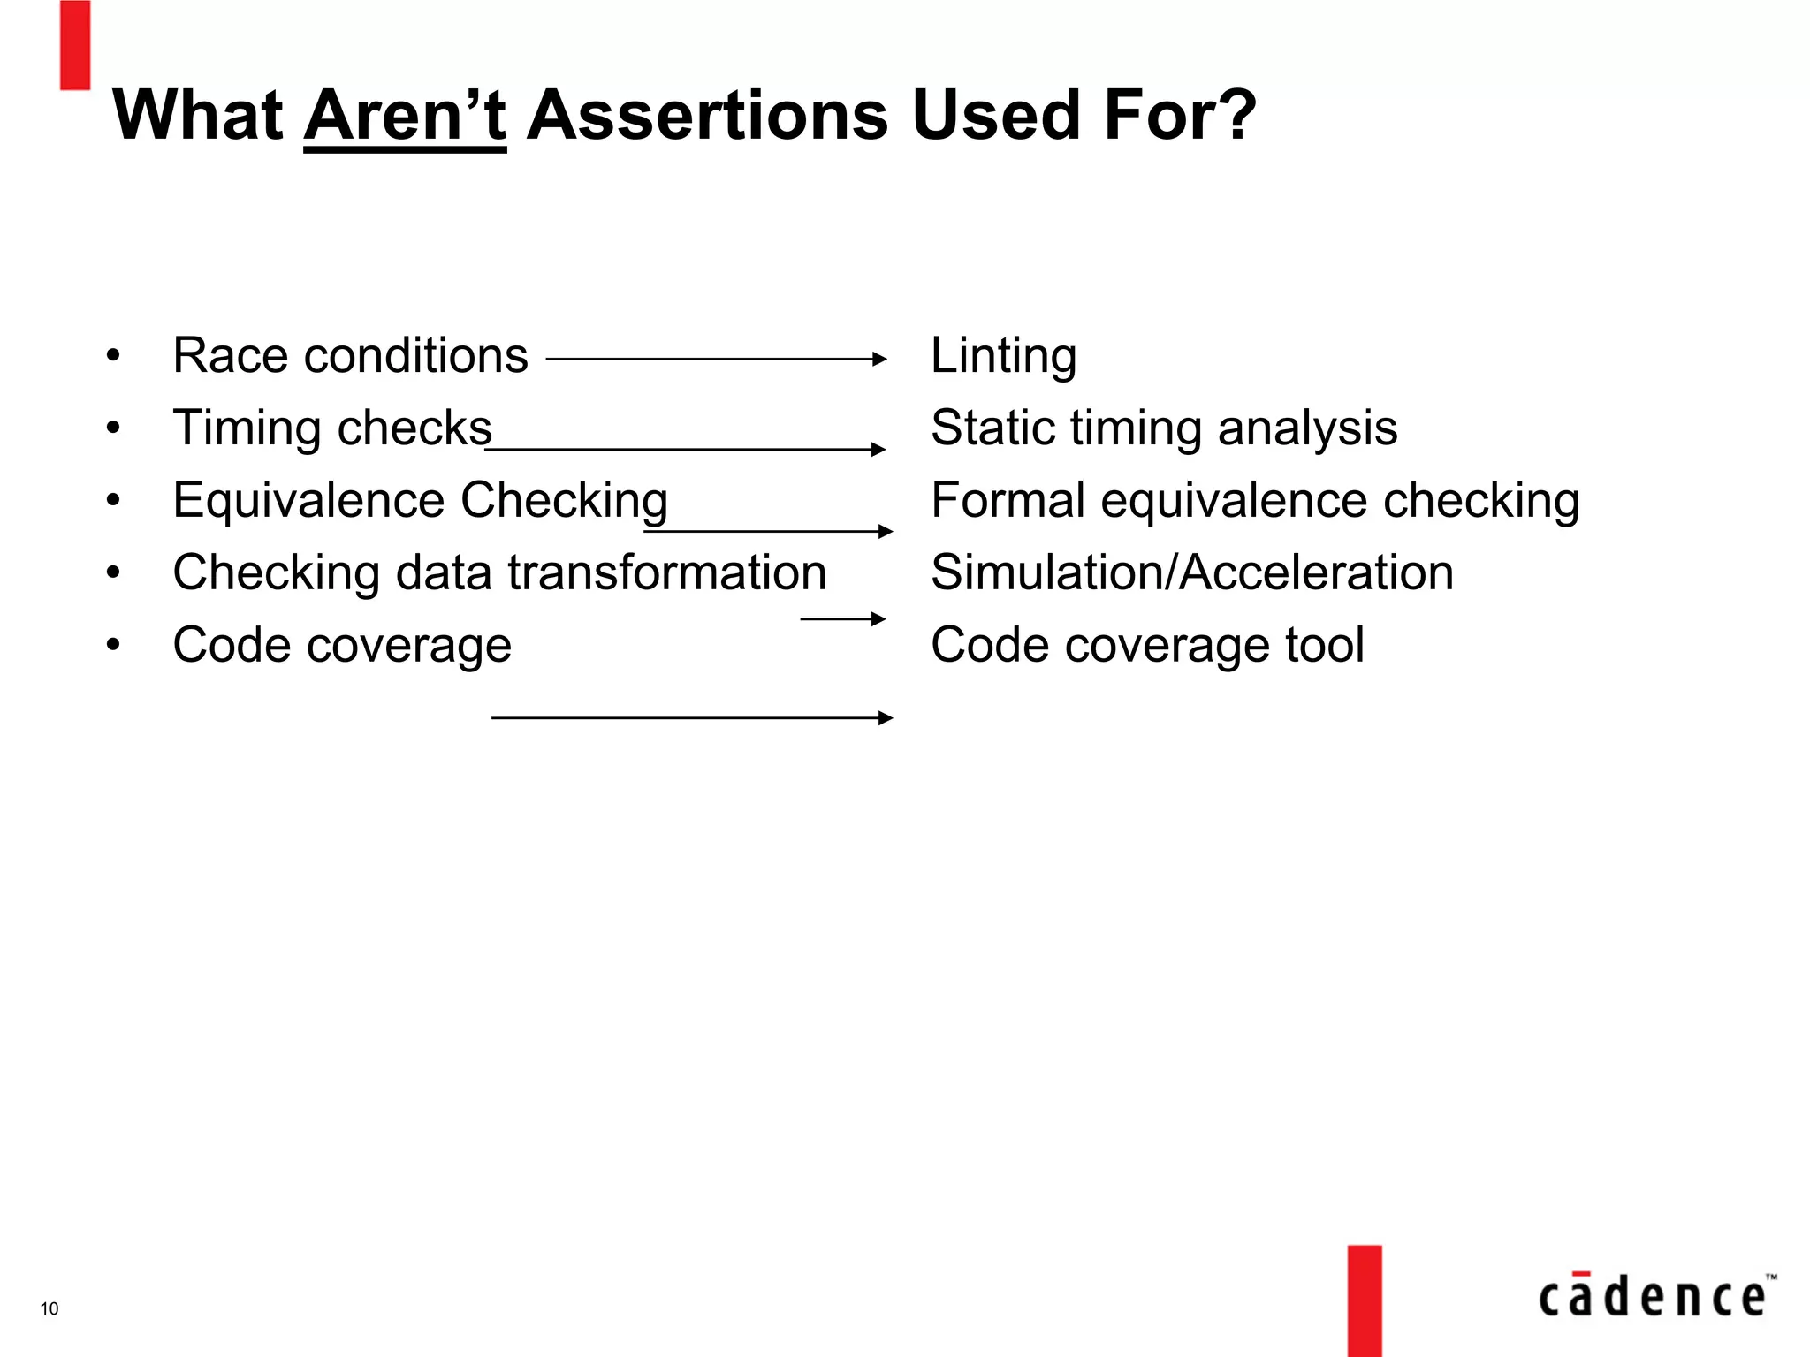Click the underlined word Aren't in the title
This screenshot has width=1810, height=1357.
405,116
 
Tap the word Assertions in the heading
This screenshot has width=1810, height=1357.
706,116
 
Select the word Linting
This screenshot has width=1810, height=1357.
1003,356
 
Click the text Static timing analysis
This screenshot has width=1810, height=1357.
1163,428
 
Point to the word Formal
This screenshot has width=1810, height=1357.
1008,501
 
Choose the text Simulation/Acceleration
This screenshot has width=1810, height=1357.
1191,572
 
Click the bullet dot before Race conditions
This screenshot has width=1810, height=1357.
112,357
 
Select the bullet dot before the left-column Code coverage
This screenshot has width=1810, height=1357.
112,646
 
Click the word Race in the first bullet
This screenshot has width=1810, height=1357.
226,356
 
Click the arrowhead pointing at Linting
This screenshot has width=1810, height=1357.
878,359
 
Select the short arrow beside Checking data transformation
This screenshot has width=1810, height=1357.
842,618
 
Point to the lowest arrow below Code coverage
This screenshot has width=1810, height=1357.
691,718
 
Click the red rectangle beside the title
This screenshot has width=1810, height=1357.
75,44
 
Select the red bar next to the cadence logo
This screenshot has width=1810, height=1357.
1365,1300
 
